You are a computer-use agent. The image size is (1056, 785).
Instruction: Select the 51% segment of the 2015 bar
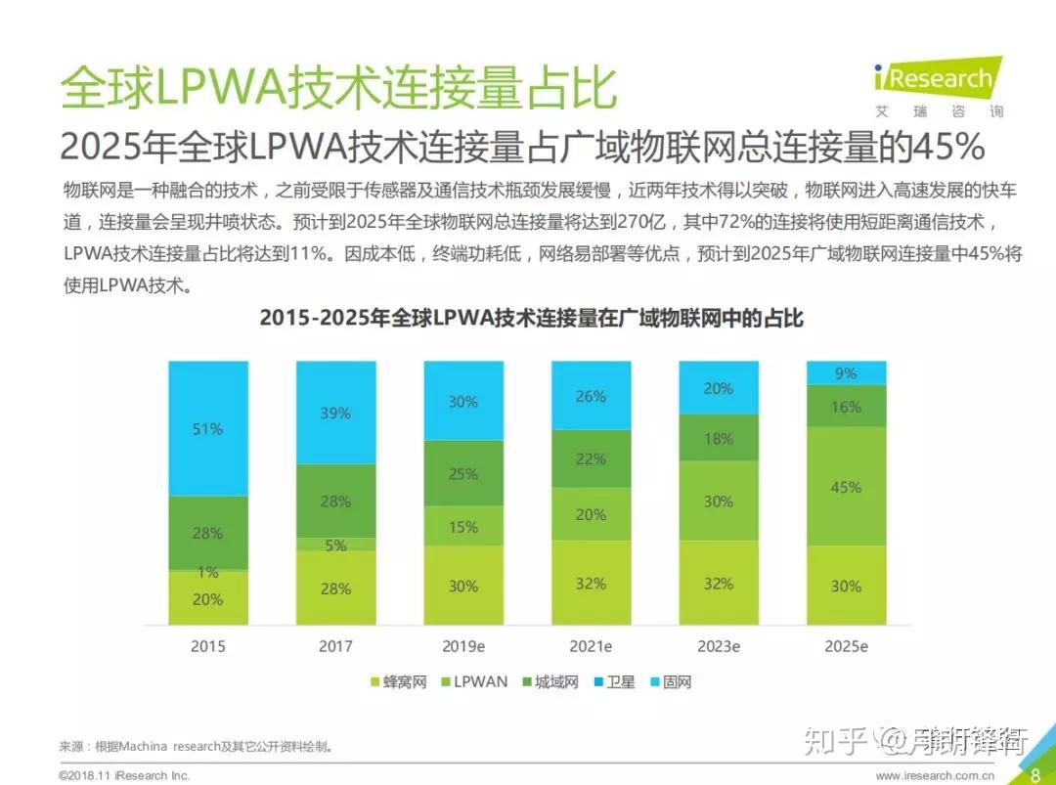207,428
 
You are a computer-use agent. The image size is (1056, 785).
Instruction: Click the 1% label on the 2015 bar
207,573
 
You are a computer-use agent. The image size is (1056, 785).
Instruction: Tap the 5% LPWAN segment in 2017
335,545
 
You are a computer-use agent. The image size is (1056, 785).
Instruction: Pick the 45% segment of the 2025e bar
846,487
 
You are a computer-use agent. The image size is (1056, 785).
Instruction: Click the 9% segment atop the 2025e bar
846,373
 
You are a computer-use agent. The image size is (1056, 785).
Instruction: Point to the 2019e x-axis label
463,646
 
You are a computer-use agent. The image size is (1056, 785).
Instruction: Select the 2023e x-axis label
719,646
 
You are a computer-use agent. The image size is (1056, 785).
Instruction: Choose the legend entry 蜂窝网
398,682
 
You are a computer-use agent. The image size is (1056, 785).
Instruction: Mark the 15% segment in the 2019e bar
463,527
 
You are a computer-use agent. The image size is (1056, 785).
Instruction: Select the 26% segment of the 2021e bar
591,396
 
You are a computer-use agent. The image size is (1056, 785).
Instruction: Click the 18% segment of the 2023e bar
719,438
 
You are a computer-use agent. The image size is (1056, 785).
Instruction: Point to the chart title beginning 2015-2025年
531,319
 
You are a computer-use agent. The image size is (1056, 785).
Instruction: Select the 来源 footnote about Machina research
197,746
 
